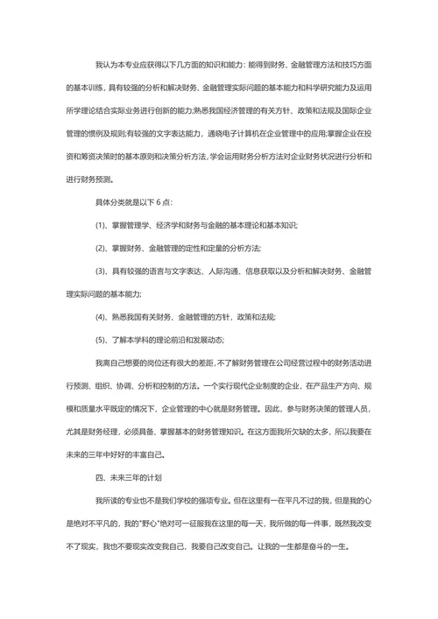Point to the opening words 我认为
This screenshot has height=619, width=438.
[106, 67]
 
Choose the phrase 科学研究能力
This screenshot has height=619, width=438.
[320, 89]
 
